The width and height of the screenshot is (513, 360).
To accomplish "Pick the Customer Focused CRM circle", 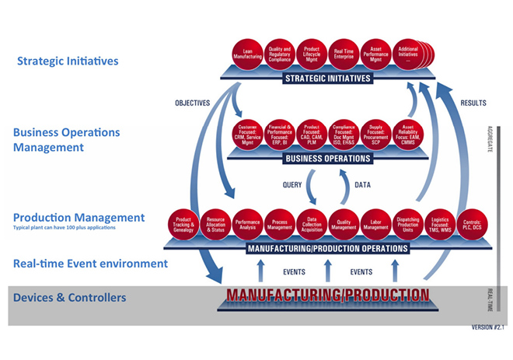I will click(x=248, y=135).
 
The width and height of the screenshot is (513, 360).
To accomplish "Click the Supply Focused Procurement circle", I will click(x=375, y=135).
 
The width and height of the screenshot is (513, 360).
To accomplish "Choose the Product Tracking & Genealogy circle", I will click(x=184, y=224).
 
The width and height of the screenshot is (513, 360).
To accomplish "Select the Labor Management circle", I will click(x=375, y=224).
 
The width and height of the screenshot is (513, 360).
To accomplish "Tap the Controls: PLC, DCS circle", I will click(x=471, y=224).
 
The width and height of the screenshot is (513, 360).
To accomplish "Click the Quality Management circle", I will click(x=343, y=224).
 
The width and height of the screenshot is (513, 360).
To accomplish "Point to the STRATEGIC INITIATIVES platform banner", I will click(x=327, y=79).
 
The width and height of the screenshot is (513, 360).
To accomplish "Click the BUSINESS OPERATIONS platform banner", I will click(x=327, y=159).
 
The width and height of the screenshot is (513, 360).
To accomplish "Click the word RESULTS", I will click(x=473, y=102).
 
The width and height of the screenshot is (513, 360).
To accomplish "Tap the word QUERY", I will click(x=292, y=185).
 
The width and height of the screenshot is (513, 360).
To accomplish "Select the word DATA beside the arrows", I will click(x=362, y=185).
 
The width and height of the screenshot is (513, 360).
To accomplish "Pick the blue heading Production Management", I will click(x=79, y=218).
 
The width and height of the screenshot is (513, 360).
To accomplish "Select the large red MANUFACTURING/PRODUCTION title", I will click(x=327, y=295).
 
